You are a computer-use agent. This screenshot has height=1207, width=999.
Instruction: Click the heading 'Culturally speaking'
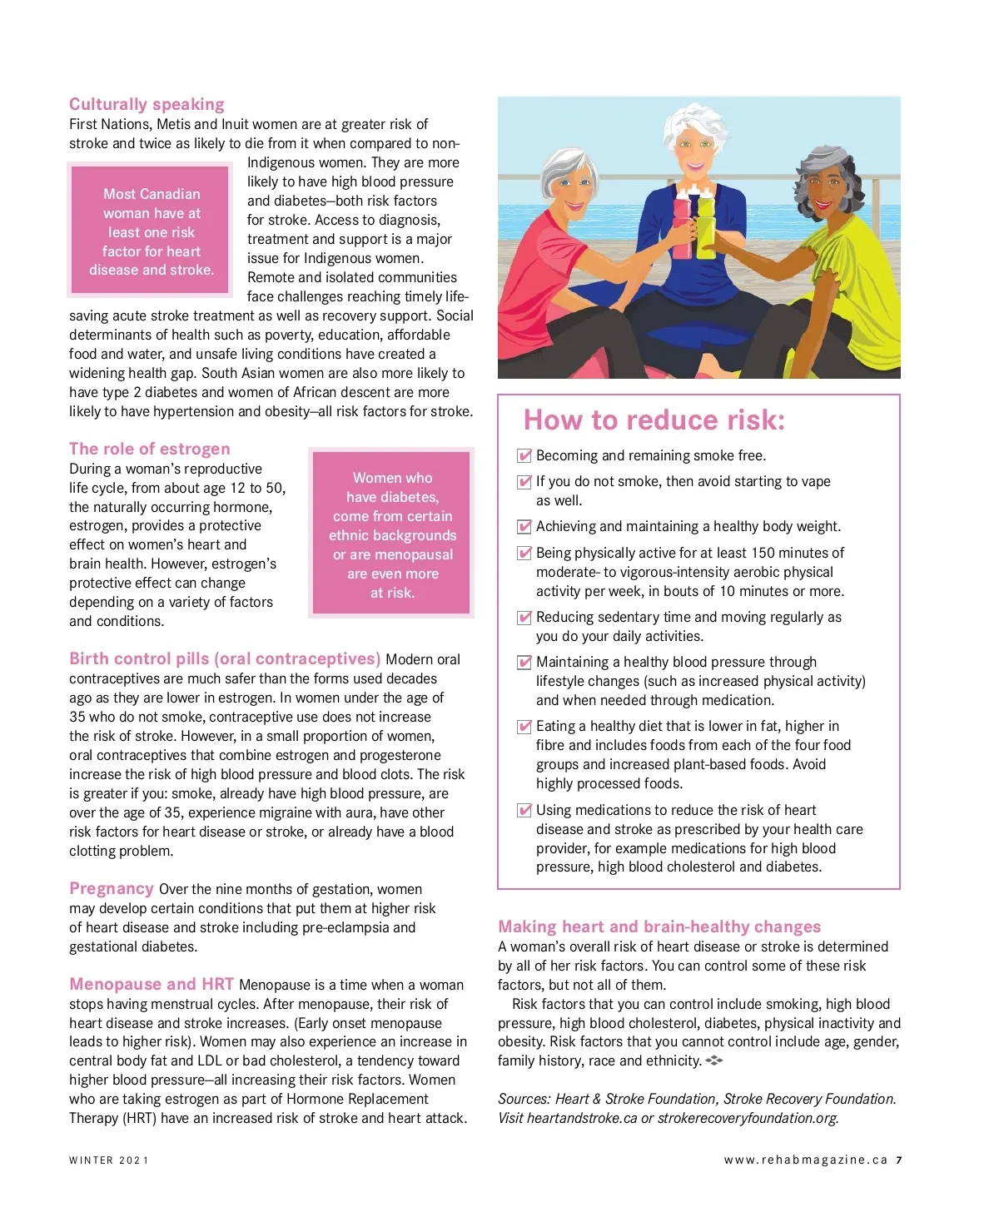(147, 104)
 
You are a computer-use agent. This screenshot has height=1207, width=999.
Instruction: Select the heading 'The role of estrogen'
(149, 449)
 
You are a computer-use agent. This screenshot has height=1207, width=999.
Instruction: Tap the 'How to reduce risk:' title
(654, 420)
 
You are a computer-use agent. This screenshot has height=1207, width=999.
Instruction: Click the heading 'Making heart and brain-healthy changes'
(659, 926)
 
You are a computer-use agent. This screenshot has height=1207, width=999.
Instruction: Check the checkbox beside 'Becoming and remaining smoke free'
(524, 455)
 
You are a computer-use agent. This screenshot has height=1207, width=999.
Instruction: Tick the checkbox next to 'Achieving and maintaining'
(524, 526)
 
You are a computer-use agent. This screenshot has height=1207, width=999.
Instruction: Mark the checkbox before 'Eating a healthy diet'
(524, 726)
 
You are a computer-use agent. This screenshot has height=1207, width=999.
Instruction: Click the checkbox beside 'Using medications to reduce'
(524, 810)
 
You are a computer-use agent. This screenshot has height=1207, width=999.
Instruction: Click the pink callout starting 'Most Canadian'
(151, 231)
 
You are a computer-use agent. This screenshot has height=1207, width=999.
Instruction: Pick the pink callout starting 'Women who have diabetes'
(392, 534)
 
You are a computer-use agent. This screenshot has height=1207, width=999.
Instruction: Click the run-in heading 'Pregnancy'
(112, 888)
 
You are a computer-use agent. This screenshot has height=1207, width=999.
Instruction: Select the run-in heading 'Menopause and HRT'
(152, 984)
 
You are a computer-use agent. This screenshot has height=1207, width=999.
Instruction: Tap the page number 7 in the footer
(899, 1160)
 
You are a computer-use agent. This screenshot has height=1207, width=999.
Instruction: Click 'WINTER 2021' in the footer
(109, 1160)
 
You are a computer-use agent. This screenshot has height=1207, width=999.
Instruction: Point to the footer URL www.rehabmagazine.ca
(805, 1160)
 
